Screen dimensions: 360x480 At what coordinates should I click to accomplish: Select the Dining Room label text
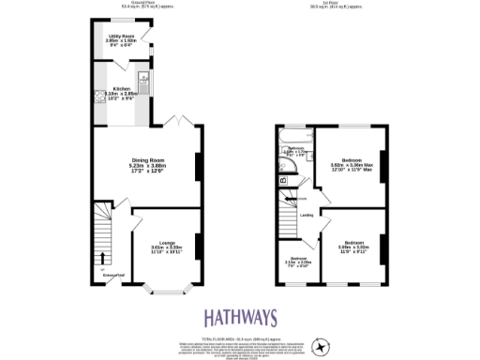pos(144,165)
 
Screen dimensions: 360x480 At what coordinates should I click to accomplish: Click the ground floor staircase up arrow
pos(102,257)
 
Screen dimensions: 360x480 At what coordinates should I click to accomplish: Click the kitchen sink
pos(145,81)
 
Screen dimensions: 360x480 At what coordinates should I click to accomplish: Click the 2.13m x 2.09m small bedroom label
pos(298,262)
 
